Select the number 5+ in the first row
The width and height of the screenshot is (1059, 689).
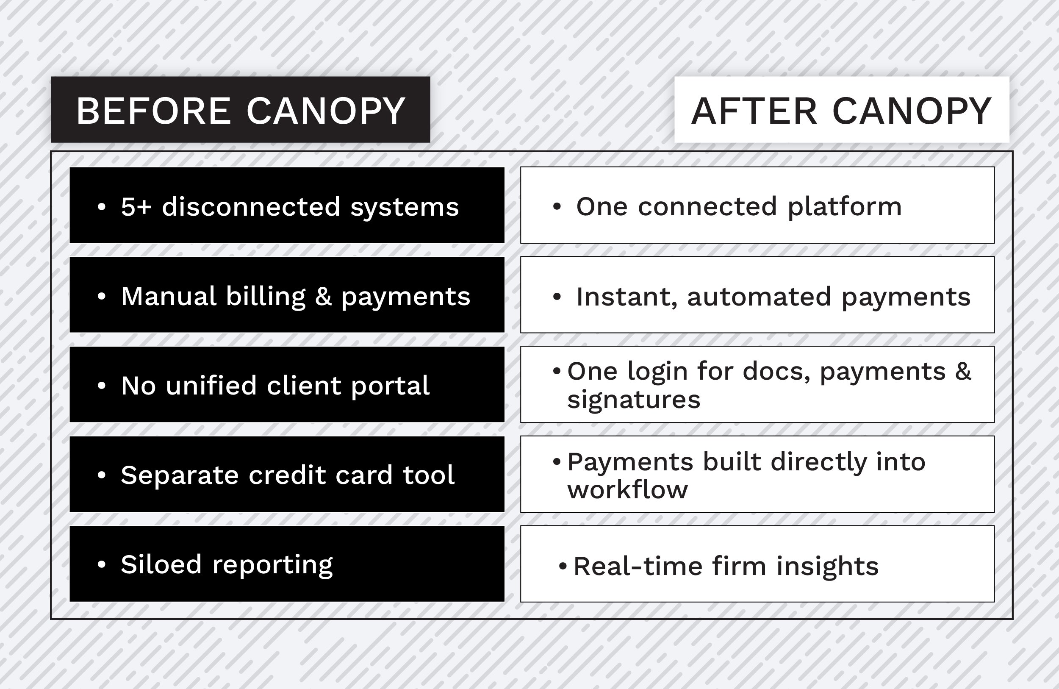136,207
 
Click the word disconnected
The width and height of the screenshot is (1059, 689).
251,206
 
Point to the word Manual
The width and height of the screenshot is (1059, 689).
169,296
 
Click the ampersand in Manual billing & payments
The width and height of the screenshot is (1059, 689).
324,297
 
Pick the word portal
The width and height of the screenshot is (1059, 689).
390,386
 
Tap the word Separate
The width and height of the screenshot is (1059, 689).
180,475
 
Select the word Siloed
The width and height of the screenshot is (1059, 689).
161,564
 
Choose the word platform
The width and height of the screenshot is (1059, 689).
845,207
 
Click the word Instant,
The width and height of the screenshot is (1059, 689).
627,297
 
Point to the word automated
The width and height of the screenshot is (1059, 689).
759,297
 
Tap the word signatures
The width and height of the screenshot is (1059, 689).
634,400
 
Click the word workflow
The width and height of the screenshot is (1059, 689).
627,489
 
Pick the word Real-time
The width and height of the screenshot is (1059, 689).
638,566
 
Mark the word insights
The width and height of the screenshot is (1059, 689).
828,567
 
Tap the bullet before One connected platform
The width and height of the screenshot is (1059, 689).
557,206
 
